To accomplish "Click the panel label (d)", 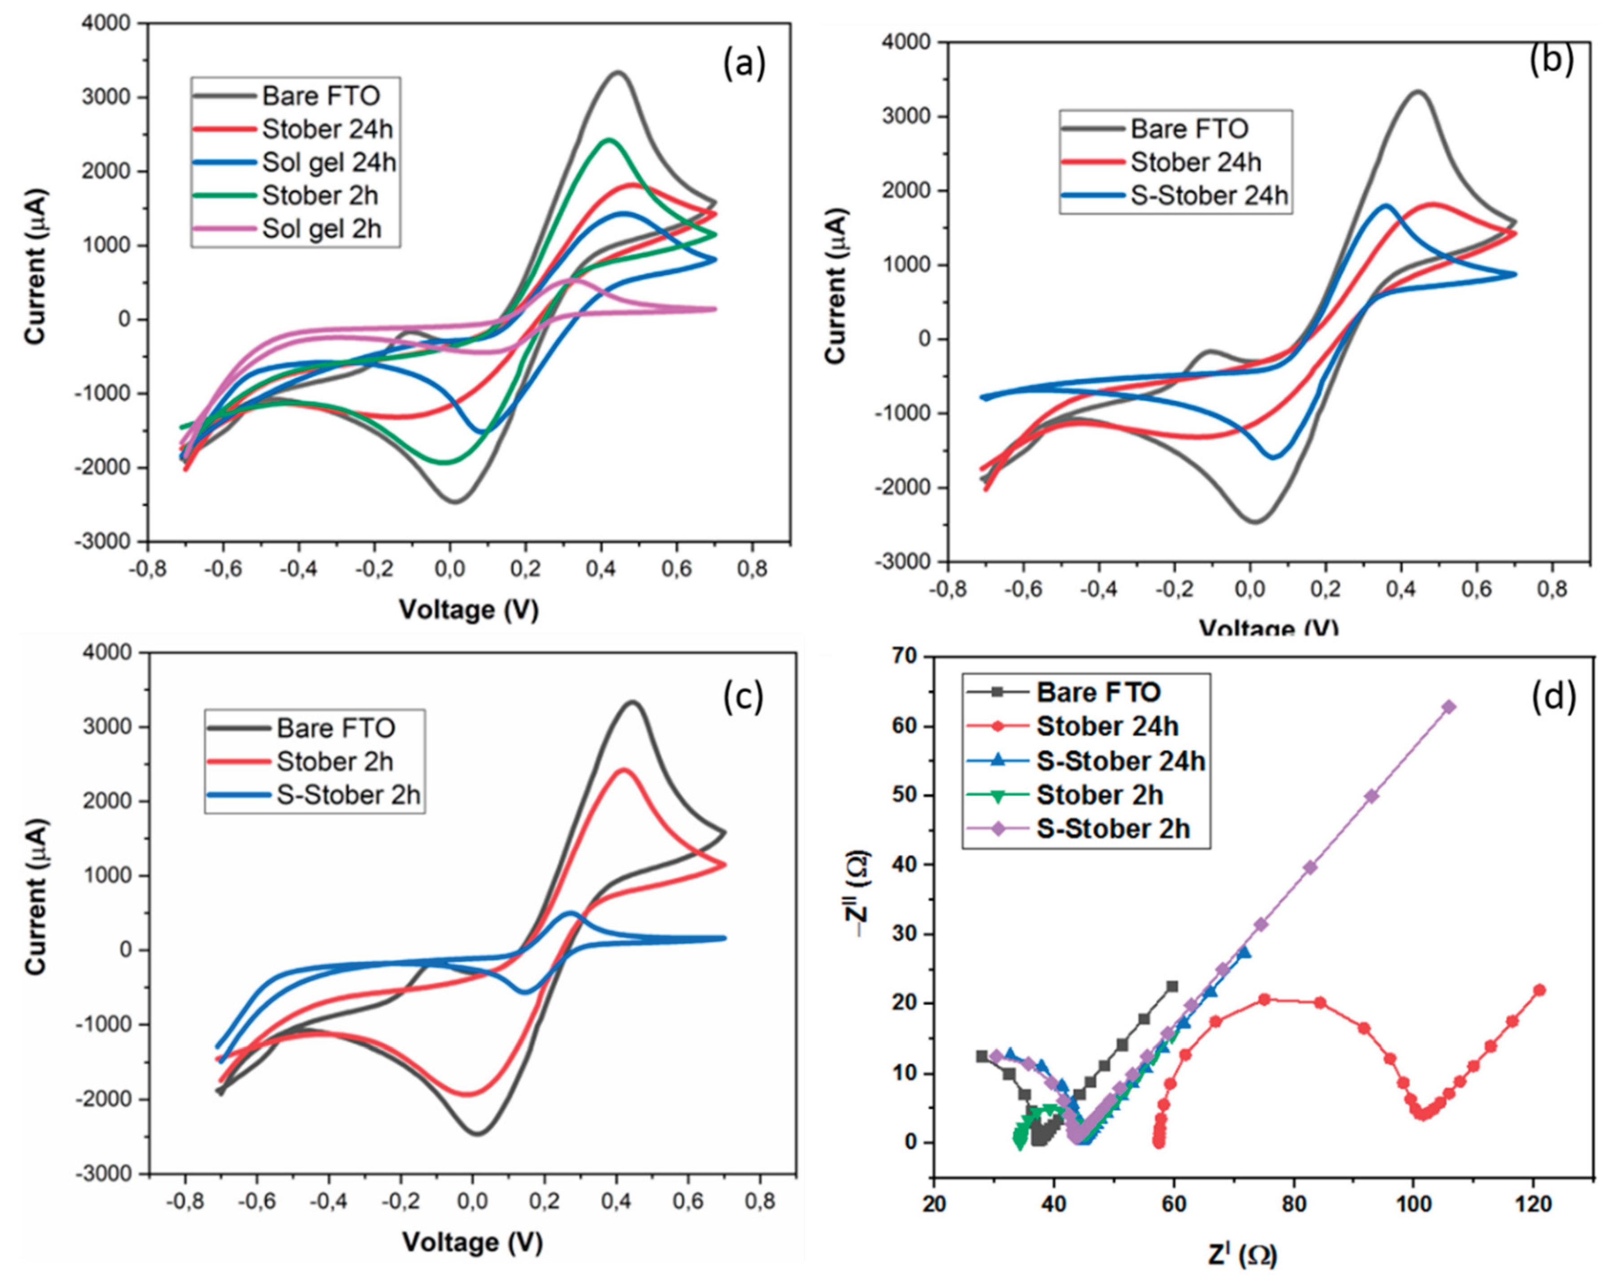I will tap(1553, 696).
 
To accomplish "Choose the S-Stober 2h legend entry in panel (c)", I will tap(348, 795).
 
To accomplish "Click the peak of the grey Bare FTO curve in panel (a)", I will tap(618, 73).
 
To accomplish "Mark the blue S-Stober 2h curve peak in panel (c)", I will tap(570, 913).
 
